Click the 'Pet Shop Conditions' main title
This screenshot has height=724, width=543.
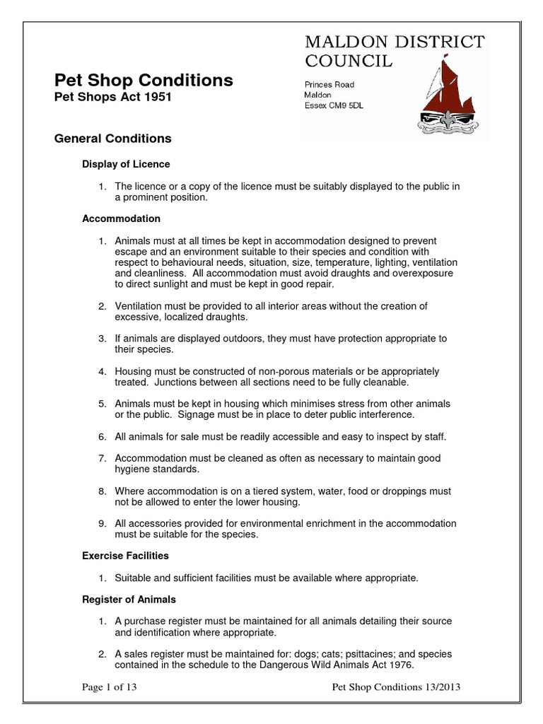coord(144,81)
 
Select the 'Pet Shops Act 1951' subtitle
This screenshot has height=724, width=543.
coord(112,98)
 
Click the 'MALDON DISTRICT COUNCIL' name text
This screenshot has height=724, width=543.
coord(394,52)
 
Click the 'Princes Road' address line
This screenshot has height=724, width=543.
coord(329,85)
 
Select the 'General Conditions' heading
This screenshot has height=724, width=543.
coord(112,139)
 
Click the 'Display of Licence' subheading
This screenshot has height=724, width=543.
coord(126,164)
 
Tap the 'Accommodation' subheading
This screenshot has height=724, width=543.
coord(121,218)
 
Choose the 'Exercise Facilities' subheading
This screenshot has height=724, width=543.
coord(125,556)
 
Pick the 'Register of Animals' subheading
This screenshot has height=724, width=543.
coord(129,600)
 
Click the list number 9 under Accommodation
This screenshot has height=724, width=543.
coord(102,523)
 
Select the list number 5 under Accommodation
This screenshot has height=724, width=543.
coord(102,404)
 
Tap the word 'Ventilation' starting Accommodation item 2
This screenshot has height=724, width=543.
coord(139,305)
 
